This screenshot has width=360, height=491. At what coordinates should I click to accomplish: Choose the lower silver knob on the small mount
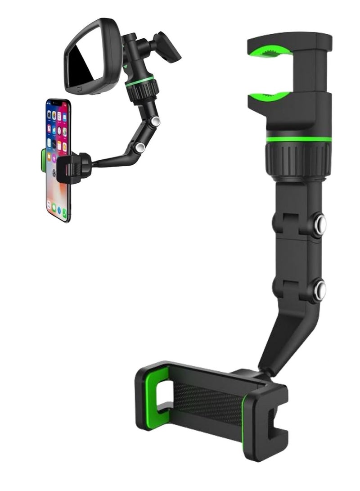click(140, 147)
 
